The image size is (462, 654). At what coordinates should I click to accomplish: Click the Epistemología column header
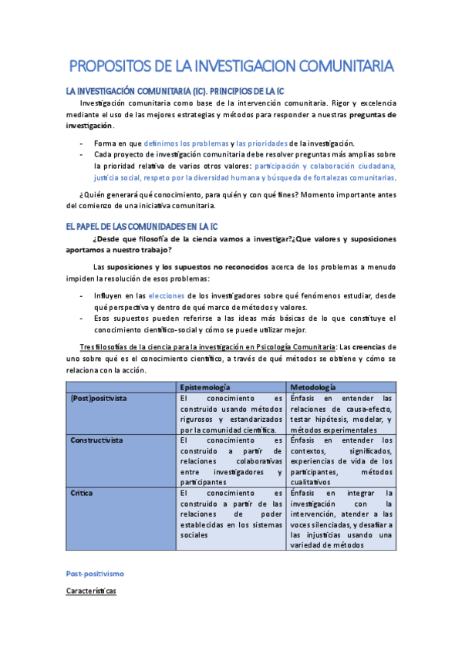207,386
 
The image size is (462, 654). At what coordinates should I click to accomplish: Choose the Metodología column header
313,386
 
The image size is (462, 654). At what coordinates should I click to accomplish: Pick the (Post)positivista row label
99,398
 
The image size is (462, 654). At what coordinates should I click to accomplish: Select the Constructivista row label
96,440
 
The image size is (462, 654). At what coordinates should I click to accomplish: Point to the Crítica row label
82,492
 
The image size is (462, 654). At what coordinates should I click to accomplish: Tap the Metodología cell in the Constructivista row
342,460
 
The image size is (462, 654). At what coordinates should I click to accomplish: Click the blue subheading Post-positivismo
95,575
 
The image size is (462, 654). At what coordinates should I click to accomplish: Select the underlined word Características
90,590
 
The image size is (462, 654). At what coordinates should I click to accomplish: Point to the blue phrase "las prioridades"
261,143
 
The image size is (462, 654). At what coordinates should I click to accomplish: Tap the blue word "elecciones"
167,295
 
